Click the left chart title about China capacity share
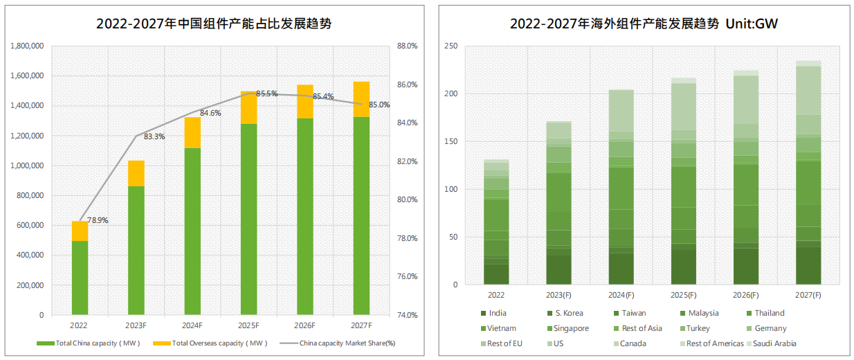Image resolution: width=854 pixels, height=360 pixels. [214, 24]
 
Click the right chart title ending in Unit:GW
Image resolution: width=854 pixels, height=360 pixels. [644, 24]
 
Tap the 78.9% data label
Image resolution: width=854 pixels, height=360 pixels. [98, 221]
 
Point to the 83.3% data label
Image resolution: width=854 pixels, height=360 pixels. [154, 137]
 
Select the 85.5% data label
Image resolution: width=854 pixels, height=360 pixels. [266, 93]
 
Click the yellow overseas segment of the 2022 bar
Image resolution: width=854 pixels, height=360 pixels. [80, 231]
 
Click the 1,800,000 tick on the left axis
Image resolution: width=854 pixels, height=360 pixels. [28, 46]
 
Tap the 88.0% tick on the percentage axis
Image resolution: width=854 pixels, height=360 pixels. [407, 46]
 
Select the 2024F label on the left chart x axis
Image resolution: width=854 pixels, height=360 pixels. [192, 325]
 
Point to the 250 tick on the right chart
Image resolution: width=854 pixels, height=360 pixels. [451, 46]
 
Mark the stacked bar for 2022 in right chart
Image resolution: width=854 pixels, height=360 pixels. [496, 222]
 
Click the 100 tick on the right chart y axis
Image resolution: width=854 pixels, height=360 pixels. [451, 189]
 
